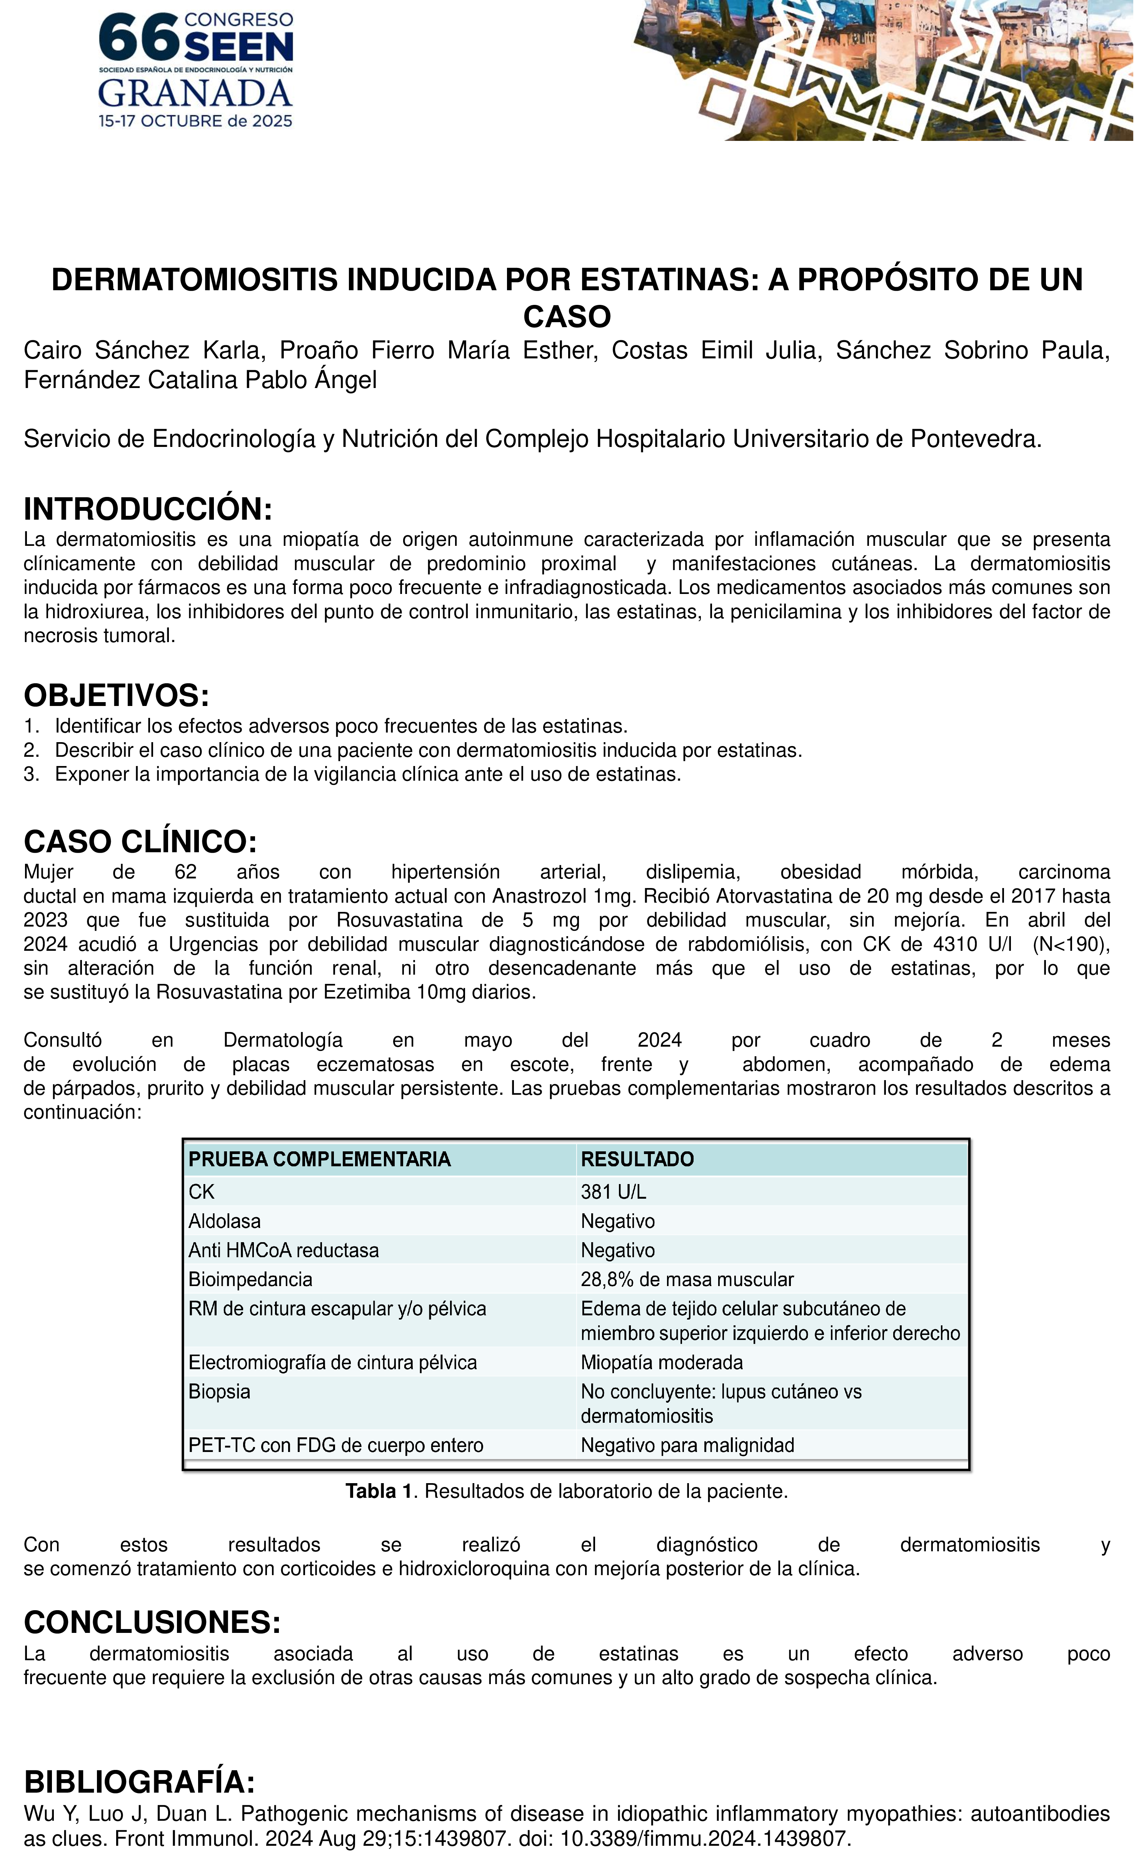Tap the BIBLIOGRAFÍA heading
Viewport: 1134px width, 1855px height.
pos(139,1782)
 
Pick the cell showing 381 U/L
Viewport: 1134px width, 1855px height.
pos(613,1192)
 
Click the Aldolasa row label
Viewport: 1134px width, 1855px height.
pos(224,1221)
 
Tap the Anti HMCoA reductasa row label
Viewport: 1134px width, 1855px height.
pos(283,1251)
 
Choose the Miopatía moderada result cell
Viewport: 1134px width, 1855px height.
pos(662,1362)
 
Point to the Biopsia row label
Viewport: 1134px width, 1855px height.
pos(219,1391)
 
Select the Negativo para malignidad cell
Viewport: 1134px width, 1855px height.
pos(687,1445)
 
